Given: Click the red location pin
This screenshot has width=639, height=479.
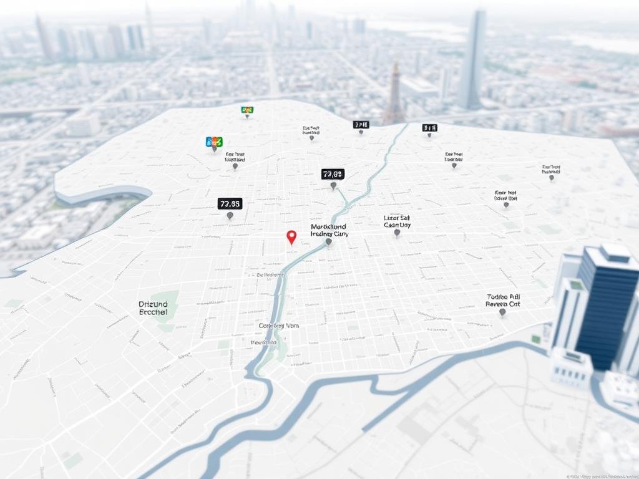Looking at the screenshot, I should [x=291, y=236].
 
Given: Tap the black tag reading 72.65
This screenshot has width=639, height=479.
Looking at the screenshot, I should [x=230, y=203].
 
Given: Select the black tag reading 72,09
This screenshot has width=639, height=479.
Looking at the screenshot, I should [x=333, y=174].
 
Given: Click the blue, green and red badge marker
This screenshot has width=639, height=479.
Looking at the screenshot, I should [x=214, y=142].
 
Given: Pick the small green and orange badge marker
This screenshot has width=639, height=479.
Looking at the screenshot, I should [x=247, y=110].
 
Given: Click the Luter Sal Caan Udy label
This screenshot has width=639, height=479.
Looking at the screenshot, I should [x=397, y=221].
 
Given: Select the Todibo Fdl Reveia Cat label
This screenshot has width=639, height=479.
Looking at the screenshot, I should [x=502, y=301].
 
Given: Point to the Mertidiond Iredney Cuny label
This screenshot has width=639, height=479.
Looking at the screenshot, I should [x=329, y=230].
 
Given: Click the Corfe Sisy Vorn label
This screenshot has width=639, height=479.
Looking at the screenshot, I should [x=278, y=326].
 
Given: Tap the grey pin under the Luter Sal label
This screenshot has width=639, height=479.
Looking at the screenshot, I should [x=397, y=233].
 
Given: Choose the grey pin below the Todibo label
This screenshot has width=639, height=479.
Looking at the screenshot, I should [x=502, y=311].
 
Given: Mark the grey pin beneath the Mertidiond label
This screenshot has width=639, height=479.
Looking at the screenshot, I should [x=329, y=241].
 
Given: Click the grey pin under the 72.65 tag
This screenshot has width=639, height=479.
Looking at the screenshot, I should [x=230, y=215].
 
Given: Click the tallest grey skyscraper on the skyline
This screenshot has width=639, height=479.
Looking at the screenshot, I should [x=472, y=59].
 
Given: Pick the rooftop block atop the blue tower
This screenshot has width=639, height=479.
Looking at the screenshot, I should [x=615, y=252].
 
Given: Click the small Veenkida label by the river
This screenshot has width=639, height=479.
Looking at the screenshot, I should [x=263, y=342].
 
